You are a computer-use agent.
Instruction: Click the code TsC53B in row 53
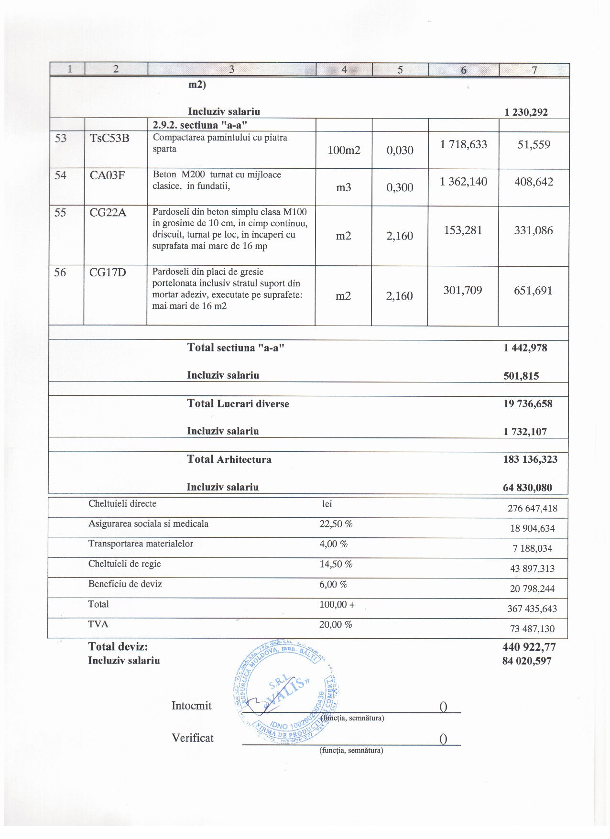pyautogui.click(x=109, y=139)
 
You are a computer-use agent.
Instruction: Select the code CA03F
pyautogui.click(x=107, y=175)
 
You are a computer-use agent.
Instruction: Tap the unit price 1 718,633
pyautogui.click(x=463, y=144)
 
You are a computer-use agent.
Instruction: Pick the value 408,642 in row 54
pyautogui.click(x=534, y=182)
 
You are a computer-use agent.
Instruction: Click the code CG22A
pyautogui.click(x=108, y=213)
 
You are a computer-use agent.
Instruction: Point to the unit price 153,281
pyautogui.click(x=463, y=230)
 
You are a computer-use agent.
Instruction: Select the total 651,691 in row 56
pyautogui.click(x=533, y=291)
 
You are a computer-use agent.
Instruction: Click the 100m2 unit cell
pyautogui.click(x=344, y=150)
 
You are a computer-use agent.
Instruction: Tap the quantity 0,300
pyautogui.click(x=400, y=187)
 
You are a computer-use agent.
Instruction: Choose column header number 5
pyautogui.click(x=400, y=70)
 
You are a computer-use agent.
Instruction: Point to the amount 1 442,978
pyautogui.click(x=525, y=348)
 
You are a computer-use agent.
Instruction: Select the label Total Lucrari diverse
pyautogui.click(x=238, y=404)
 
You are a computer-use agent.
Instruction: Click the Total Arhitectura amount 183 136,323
pyautogui.click(x=530, y=459)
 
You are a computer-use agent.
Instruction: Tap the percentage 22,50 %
pyautogui.click(x=336, y=524)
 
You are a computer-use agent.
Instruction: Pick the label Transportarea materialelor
pyautogui.click(x=141, y=544)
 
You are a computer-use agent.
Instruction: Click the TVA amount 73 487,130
pyautogui.click(x=532, y=629)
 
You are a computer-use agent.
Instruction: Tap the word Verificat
pyautogui.click(x=193, y=738)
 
